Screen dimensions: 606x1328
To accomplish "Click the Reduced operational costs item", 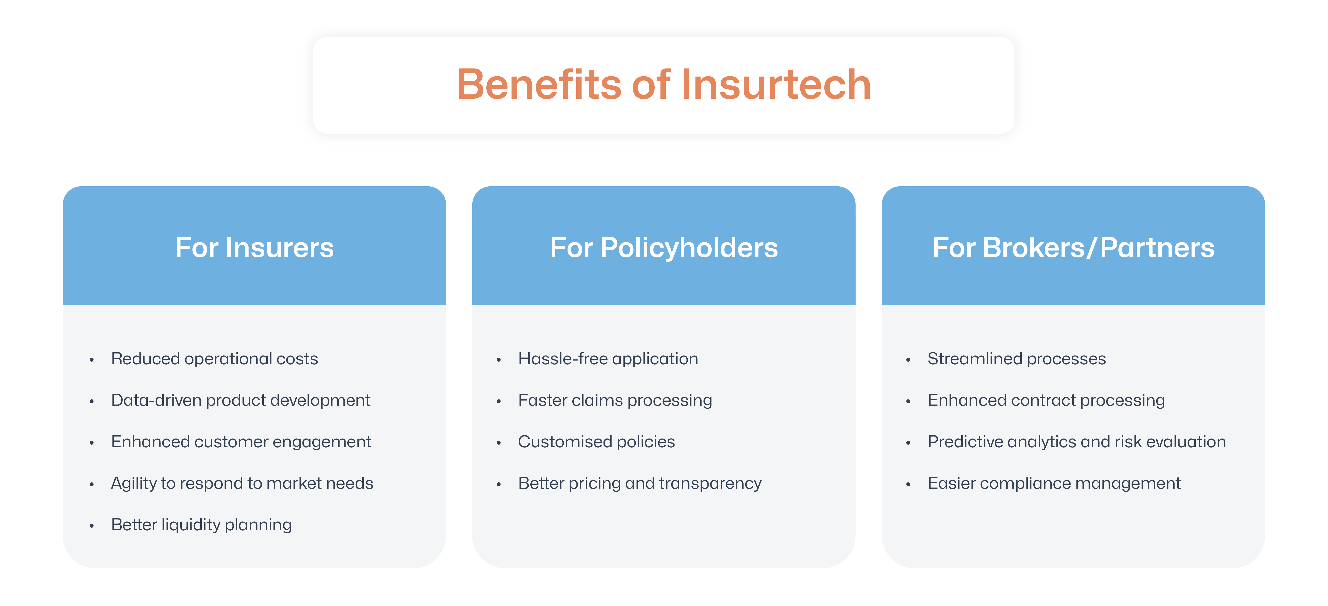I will [x=214, y=359].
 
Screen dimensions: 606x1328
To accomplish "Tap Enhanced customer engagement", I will [x=241, y=442].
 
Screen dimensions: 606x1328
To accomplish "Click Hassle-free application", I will [x=608, y=359].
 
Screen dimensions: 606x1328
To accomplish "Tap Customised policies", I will [x=597, y=442].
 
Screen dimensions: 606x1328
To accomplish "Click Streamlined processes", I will [x=1017, y=359].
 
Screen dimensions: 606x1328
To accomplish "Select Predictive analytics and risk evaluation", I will [x=1077, y=442].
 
